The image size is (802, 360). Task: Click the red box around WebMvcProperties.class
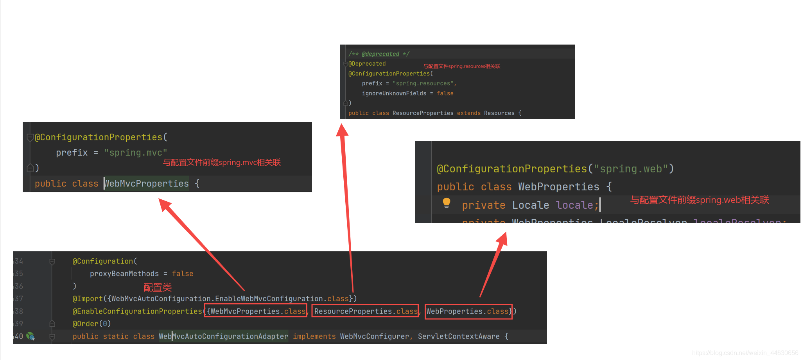click(256, 311)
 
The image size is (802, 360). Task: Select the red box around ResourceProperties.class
click(365, 311)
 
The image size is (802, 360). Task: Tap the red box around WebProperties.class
click(468, 311)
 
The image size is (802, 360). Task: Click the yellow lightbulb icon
click(447, 203)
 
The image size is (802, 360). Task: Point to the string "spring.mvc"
click(136, 153)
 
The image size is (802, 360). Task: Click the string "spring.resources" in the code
click(424, 84)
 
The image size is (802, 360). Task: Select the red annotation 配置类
click(158, 288)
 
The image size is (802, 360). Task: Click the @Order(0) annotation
click(92, 324)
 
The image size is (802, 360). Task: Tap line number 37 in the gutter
click(19, 299)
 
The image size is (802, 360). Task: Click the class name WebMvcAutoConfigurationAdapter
click(223, 336)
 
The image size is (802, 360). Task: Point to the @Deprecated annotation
click(367, 64)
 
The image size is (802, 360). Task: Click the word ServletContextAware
click(459, 336)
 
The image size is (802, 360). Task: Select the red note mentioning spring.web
click(699, 200)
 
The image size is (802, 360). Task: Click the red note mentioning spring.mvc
click(222, 163)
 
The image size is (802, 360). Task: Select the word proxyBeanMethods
click(124, 274)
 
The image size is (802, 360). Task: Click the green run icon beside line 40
click(31, 336)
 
